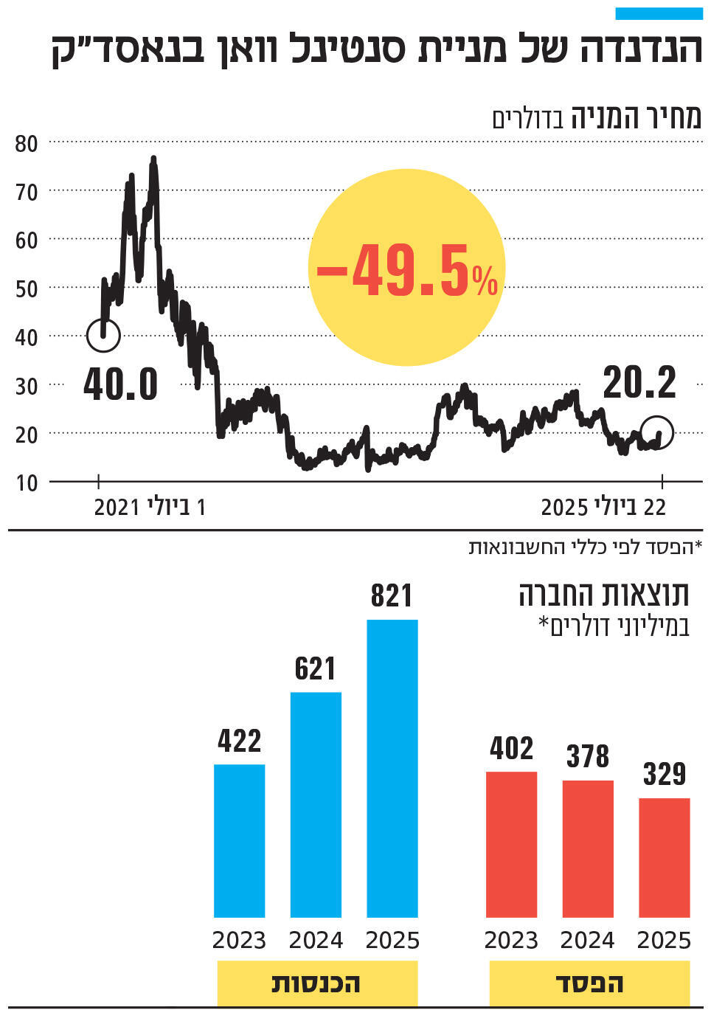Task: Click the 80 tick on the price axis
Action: pos(26,143)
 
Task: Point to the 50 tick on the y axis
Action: pos(26,288)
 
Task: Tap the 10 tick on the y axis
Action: pos(26,483)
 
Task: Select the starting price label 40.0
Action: pos(121,384)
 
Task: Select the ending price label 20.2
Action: pos(639,383)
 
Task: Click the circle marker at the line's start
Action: pos(103,335)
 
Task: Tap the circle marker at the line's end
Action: pos(656,432)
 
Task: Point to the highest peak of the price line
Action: pos(153,159)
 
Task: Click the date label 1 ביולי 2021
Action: pos(149,508)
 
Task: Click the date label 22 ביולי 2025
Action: pos(603,508)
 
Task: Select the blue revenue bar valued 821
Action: pos(392,767)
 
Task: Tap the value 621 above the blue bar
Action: pos(315,669)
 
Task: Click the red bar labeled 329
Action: pos(664,857)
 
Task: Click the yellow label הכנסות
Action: pos(317,983)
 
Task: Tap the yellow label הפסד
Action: pos(589,983)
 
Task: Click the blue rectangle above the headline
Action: pos(659,13)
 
